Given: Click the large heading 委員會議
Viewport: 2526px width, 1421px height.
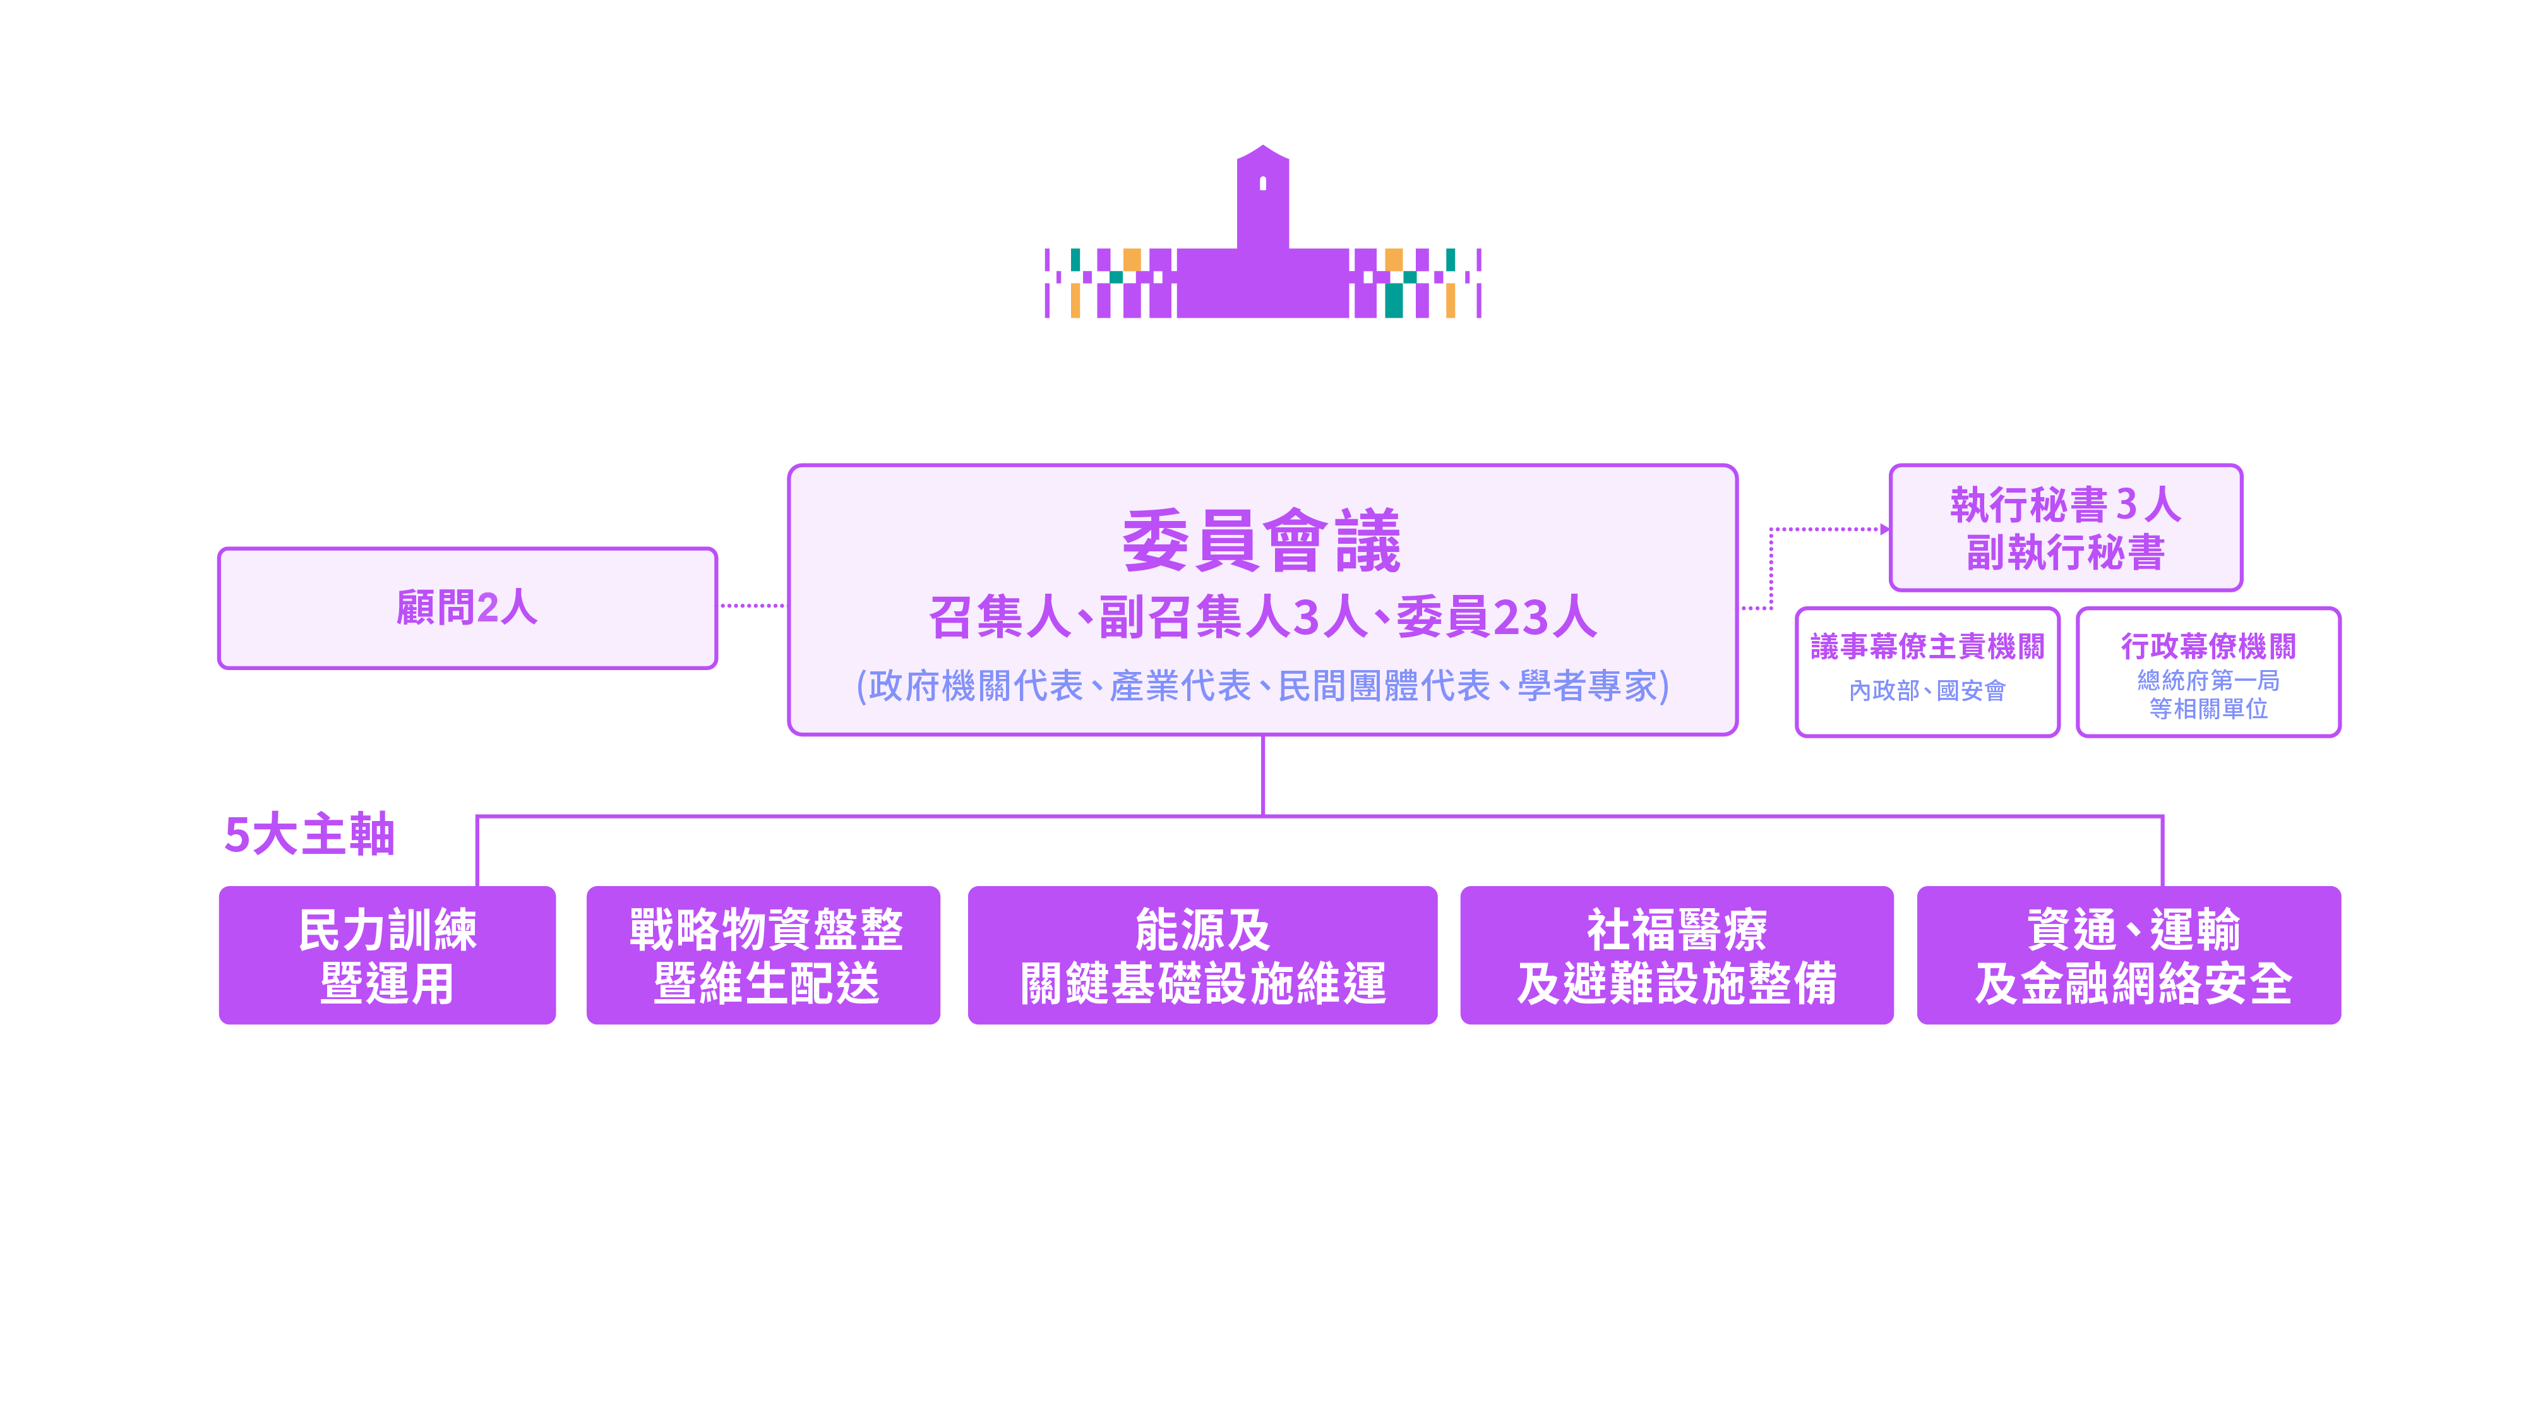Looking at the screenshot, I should coord(1261,541).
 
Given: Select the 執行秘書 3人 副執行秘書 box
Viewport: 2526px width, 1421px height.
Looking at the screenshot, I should coord(2065,527).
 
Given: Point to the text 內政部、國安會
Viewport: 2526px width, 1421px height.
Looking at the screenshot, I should coord(1927,692).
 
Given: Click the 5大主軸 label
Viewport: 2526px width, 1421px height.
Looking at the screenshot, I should coord(309,836).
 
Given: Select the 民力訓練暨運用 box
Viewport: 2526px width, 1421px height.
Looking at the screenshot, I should coord(387,956).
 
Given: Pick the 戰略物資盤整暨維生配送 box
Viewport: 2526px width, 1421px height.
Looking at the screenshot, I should coord(764,956).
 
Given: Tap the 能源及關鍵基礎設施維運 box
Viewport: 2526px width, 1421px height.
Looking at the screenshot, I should coord(1202,956).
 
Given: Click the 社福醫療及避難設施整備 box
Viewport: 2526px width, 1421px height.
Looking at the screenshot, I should coord(1677,956).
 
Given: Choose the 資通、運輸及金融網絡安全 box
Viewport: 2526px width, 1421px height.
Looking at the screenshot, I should coord(2129,956).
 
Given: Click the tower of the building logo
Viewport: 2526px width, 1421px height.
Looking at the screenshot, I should coord(1263,206).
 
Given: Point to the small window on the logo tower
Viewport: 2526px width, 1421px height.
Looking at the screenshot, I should coord(1263,183).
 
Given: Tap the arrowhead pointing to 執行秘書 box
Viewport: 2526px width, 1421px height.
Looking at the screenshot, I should coord(1884,530).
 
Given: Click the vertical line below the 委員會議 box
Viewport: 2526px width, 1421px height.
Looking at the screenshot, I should coord(1263,775).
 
